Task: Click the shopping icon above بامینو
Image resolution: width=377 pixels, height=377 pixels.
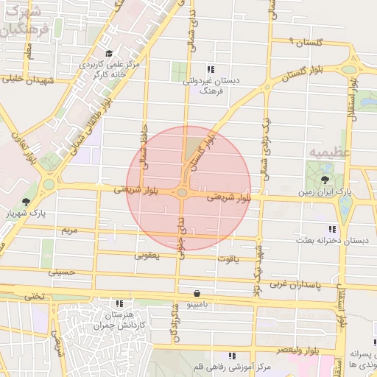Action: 196,293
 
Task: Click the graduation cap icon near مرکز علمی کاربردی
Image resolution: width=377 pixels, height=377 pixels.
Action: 110,53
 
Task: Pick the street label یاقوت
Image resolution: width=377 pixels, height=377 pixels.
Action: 228,259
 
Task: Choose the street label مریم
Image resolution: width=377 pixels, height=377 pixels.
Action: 68,230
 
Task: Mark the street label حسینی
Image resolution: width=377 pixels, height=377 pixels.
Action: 63,272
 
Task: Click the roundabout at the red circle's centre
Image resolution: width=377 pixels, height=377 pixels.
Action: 182,192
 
